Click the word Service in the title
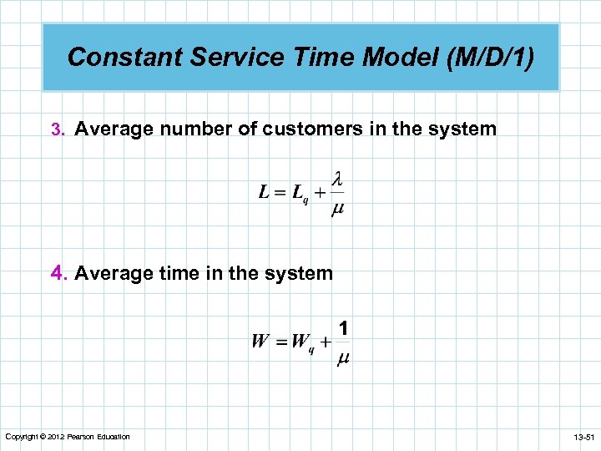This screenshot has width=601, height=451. [x=221, y=57]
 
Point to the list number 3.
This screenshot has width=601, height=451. [x=56, y=130]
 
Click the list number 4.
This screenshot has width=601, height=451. [x=58, y=273]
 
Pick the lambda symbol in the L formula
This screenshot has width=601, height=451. [x=338, y=179]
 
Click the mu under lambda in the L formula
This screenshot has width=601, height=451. [x=338, y=210]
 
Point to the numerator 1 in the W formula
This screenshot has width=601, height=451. [x=343, y=328]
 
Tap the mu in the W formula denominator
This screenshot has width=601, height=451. [x=343, y=358]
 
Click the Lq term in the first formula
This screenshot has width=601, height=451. [x=300, y=195]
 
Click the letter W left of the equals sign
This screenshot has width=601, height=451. [x=260, y=342]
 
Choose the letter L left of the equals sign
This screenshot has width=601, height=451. [x=265, y=193]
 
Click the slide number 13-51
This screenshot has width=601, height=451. [x=579, y=437]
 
